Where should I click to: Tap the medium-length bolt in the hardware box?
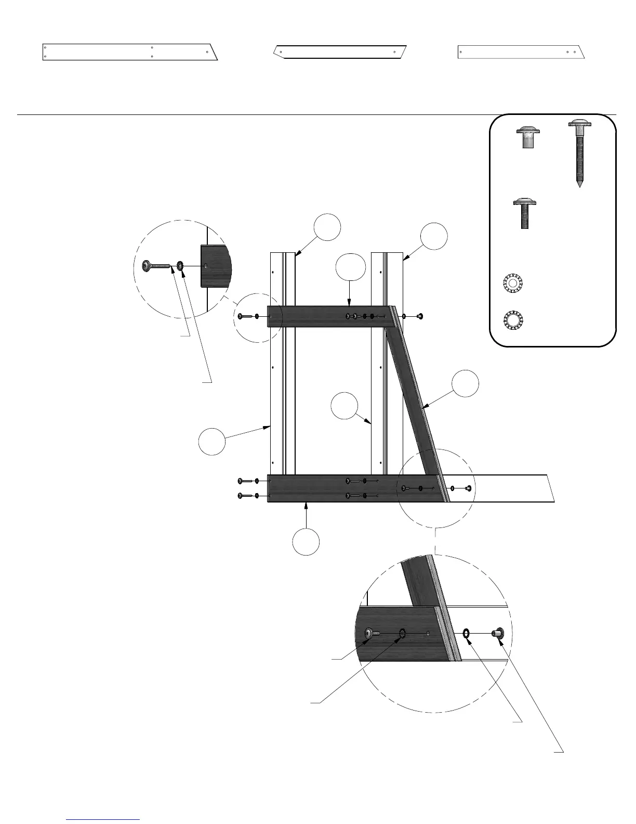click(x=524, y=213)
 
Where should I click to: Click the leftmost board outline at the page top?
click(x=129, y=52)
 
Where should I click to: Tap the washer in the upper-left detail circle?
click(x=180, y=266)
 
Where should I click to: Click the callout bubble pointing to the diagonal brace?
click(x=465, y=384)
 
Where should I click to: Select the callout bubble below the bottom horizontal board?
click(x=306, y=542)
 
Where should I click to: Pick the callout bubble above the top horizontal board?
click(x=351, y=267)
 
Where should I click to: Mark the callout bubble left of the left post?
click(x=212, y=442)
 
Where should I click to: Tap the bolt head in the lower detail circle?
click(x=369, y=633)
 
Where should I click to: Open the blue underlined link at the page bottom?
click(x=103, y=819)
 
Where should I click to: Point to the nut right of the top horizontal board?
click(x=419, y=316)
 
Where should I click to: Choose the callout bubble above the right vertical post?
click(x=434, y=236)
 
